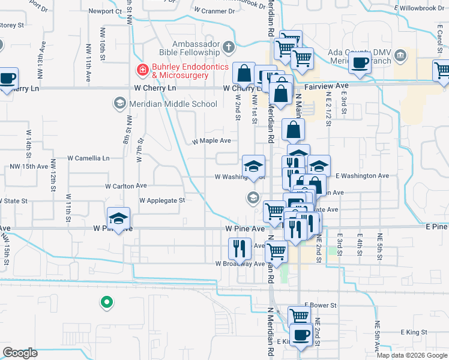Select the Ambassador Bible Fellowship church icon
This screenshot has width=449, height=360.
[229, 47]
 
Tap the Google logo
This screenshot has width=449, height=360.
[20, 353]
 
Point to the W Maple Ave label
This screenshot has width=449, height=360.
[211, 141]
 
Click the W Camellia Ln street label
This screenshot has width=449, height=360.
[89, 158]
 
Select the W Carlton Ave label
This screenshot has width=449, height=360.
[126, 186]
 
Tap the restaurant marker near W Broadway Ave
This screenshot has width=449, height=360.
[240, 248]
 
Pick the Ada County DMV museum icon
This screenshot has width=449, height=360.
[401, 56]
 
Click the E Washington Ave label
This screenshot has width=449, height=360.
[363, 176]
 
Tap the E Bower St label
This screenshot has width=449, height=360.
[321, 305]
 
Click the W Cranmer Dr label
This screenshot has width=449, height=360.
[215, 11]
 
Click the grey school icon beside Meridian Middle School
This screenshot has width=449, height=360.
[119, 104]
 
